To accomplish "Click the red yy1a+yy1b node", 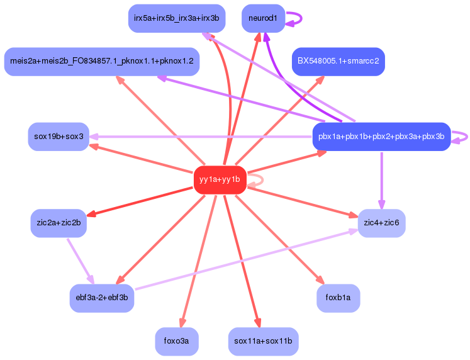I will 219,180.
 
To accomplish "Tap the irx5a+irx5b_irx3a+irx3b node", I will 172,18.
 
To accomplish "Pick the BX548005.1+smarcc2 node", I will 338,62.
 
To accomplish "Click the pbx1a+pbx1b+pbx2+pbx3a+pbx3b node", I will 381,137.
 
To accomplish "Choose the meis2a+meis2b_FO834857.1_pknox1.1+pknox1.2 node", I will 101,62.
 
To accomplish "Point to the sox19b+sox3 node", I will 59,137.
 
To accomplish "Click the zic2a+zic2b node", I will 59,223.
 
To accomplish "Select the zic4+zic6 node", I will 381,223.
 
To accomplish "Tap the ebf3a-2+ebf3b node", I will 101,298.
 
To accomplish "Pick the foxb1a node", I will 338,298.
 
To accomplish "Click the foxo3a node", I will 177,341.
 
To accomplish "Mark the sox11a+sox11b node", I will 263,341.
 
